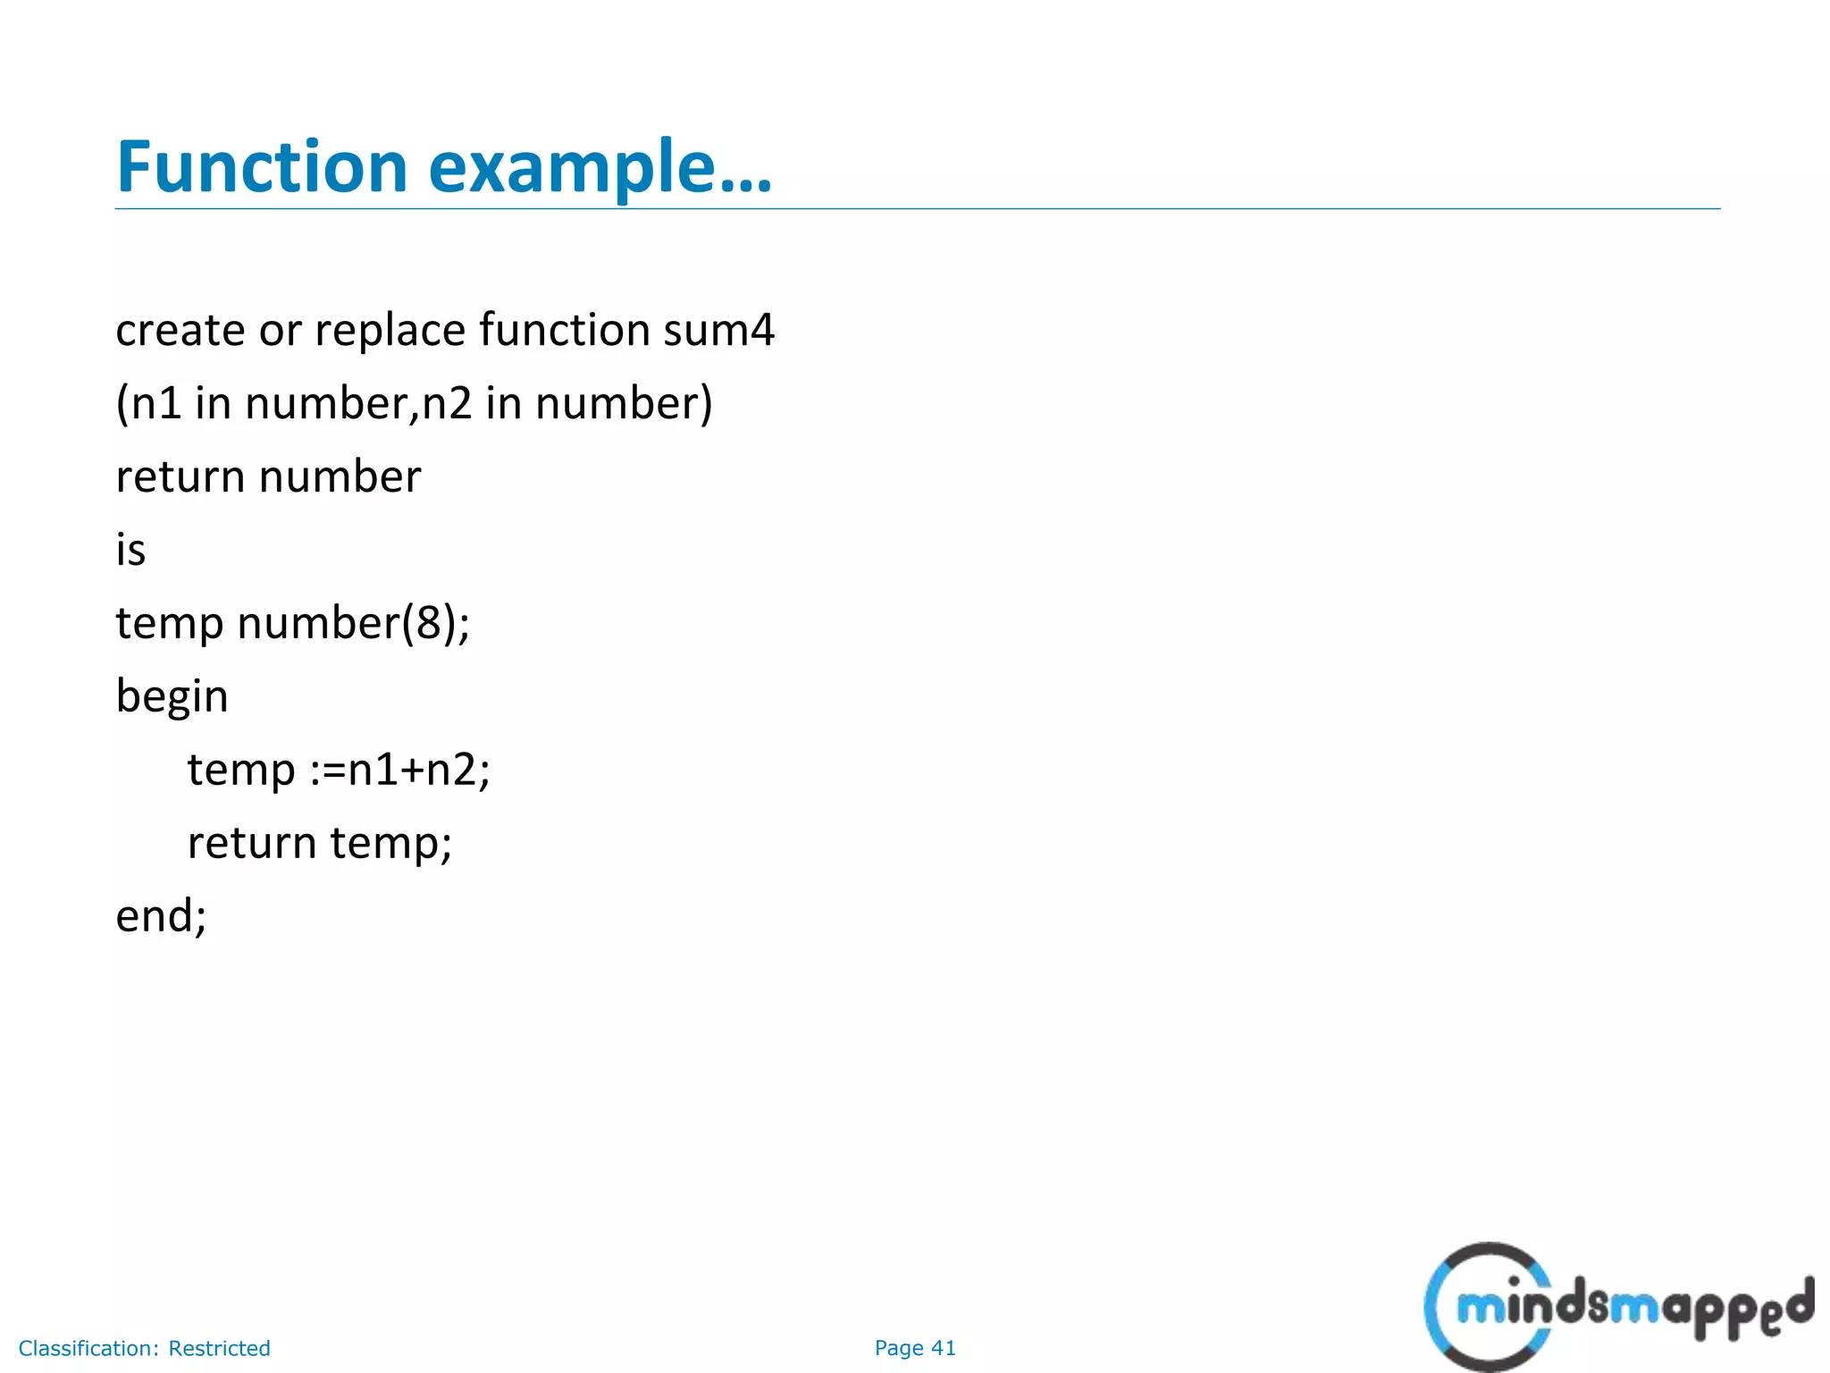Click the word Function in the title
(x=262, y=167)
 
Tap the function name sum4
(x=718, y=330)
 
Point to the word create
(x=180, y=330)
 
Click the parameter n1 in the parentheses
(x=156, y=403)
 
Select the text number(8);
(x=353, y=622)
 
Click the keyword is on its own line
(x=130, y=549)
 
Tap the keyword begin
(x=172, y=696)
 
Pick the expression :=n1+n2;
(x=400, y=770)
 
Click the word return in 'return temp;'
(x=251, y=843)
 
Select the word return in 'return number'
(x=180, y=476)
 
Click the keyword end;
(x=161, y=916)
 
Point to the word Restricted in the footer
(x=219, y=1348)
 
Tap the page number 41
(x=944, y=1348)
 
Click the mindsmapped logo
(x=1617, y=1307)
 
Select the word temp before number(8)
(x=169, y=624)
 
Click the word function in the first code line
(x=564, y=330)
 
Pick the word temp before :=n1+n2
(x=240, y=771)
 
